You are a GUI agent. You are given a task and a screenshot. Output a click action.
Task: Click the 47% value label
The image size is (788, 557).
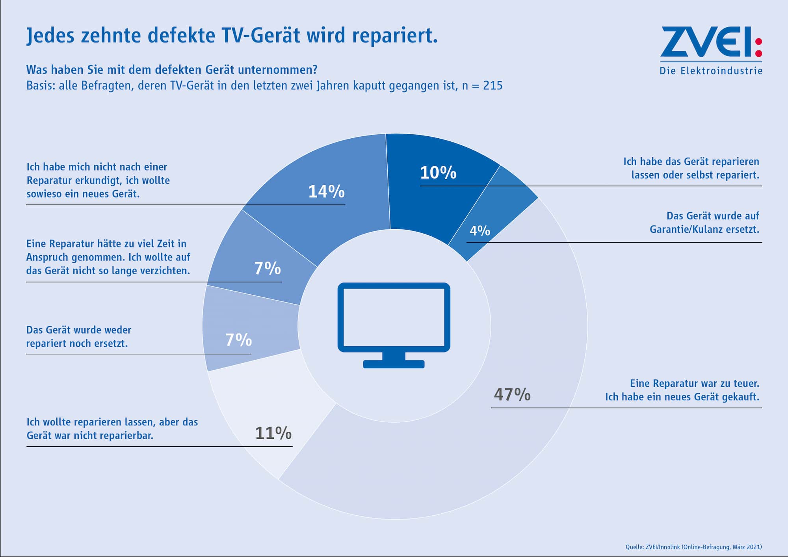click(512, 394)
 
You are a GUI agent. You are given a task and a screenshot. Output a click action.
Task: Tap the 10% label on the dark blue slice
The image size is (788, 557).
click(438, 173)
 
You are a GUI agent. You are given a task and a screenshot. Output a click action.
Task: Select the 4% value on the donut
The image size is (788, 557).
click(480, 230)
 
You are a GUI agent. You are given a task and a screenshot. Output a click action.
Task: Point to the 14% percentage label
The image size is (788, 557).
click(326, 192)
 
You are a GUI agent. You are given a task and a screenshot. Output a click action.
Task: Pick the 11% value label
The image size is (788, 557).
click(273, 433)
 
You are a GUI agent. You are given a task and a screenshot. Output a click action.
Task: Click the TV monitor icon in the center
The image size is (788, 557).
click(394, 317)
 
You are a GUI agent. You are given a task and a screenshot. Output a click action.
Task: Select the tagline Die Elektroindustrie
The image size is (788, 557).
click(711, 71)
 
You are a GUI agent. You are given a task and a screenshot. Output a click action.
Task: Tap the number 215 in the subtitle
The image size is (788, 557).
click(492, 86)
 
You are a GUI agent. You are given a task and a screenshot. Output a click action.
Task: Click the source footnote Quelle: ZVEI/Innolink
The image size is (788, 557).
click(693, 547)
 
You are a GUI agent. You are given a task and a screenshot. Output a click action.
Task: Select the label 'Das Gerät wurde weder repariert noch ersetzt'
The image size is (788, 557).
click(79, 336)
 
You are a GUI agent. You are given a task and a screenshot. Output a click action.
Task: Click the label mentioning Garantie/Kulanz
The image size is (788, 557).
click(704, 223)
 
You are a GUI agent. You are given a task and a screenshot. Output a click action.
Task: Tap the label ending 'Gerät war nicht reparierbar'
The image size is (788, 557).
click(112, 429)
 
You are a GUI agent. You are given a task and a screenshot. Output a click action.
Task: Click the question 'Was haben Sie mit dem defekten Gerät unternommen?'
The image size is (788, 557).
click(172, 70)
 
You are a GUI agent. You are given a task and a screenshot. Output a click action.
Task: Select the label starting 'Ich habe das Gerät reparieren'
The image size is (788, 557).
click(691, 168)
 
